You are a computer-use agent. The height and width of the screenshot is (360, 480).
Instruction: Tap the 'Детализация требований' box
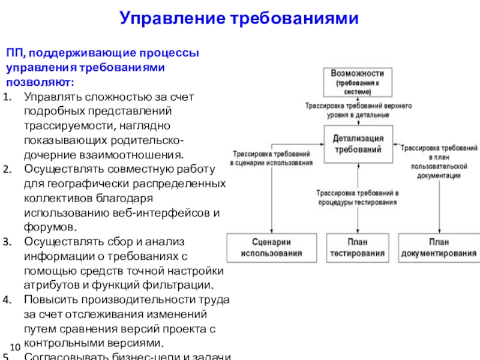(x=358, y=144)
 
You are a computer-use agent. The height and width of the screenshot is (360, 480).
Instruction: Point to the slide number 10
(x=16, y=346)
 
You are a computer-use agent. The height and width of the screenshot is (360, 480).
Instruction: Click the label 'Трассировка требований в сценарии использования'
(x=271, y=158)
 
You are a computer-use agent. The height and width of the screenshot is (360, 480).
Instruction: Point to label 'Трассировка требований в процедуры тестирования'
(x=357, y=198)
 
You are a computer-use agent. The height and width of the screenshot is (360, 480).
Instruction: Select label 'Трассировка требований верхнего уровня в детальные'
(x=358, y=109)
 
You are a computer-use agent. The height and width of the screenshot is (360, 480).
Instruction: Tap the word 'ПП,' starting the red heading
(x=16, y=53)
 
